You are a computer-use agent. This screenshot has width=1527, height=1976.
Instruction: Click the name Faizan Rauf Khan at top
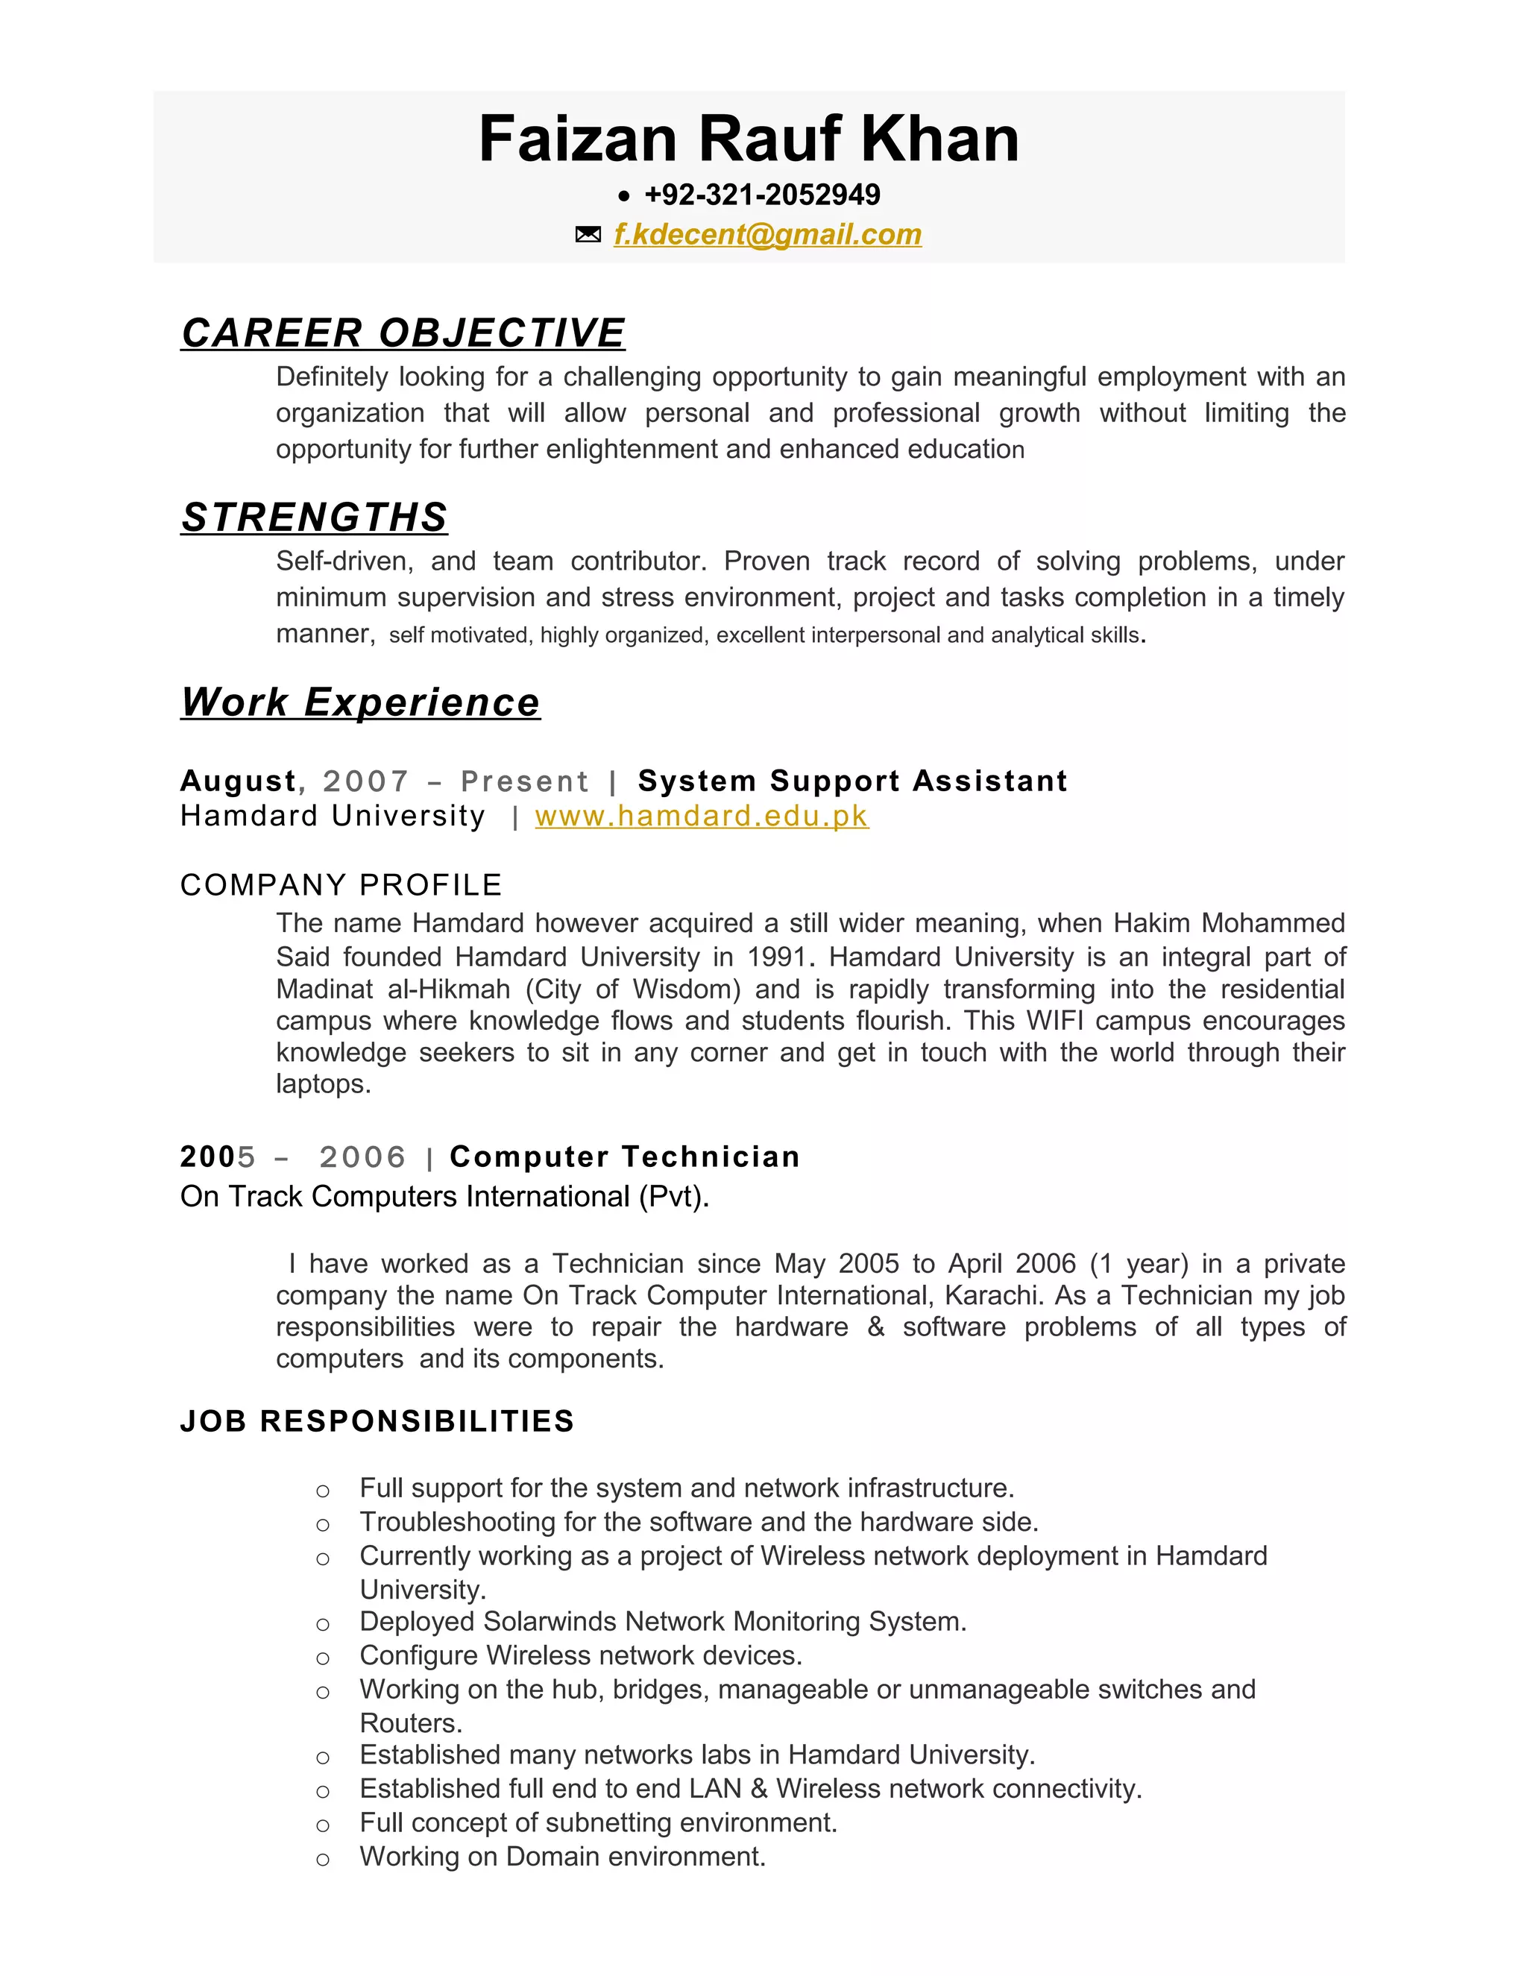(748, 140)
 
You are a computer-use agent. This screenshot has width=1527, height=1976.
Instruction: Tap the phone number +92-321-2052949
(762, 195)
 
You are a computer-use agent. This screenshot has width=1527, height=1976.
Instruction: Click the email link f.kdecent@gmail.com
(767, 234)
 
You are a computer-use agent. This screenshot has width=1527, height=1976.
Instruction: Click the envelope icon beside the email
(588, 235)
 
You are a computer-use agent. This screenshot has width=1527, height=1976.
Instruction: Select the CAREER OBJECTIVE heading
(403, 333)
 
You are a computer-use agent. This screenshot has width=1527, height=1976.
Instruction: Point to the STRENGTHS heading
(314, 517)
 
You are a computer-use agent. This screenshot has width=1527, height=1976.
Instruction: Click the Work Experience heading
(360, 702)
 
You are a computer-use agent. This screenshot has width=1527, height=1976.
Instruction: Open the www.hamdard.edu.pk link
(701, 816)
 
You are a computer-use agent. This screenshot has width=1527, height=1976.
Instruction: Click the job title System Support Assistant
(852, 781)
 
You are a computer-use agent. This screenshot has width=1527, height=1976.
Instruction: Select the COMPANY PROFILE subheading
(341, 885)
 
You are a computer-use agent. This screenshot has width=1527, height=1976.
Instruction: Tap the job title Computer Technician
(624, 1157)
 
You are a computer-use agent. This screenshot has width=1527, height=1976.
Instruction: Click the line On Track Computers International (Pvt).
(444, 1197)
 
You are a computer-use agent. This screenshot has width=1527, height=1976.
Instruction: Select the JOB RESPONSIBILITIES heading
(377, 1421)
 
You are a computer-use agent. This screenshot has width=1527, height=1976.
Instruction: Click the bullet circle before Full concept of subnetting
(323, 1825)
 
